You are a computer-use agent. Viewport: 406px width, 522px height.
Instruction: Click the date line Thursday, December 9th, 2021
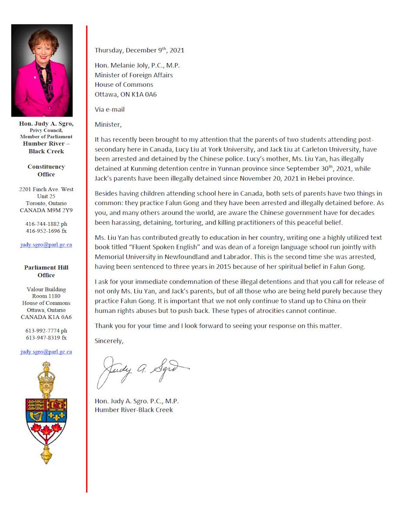click(139, 50)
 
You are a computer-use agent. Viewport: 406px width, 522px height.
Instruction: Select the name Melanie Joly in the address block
click(126, 66)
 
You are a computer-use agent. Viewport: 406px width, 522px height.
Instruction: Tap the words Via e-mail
click(110, 110)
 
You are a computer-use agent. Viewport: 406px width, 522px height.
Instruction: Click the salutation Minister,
click(108, 125)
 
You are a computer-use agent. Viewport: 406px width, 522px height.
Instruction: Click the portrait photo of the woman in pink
click(42, 70)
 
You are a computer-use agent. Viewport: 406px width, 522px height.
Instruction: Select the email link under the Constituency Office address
click(46, 245)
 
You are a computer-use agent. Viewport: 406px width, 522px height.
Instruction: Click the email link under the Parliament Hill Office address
click(46, 351)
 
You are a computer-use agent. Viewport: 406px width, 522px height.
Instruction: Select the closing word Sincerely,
click(109, 341)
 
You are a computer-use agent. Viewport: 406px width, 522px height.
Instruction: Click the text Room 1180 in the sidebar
click(46, 296)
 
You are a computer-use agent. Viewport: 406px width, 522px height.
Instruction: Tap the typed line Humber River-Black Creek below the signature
click(134, 410)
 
